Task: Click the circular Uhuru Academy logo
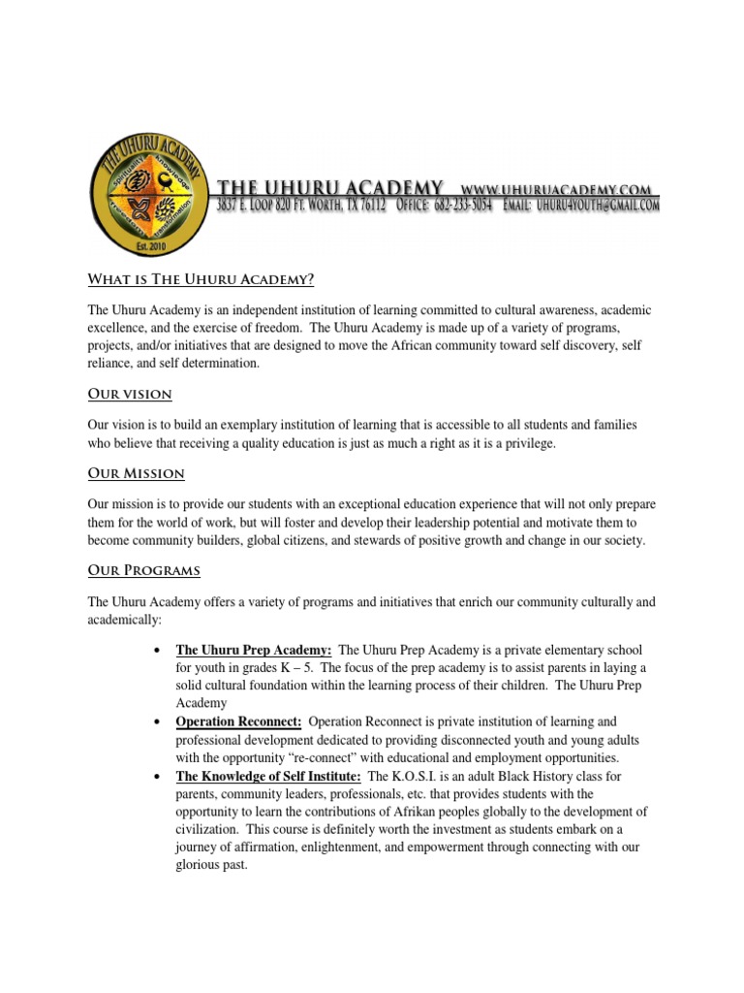[149, 193]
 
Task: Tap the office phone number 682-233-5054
[458, 206]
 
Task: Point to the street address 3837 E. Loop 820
[262, 206]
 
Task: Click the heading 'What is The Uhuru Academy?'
[201, 280]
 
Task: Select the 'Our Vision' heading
[129, 394]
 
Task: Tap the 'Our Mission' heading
[136, 473]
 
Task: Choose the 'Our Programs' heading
[143, 569]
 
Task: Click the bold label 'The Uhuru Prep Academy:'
[254, 650]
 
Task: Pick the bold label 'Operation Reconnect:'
[238, 722]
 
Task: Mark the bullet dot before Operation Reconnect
[157, 723]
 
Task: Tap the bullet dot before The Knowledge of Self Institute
[157, 777]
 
